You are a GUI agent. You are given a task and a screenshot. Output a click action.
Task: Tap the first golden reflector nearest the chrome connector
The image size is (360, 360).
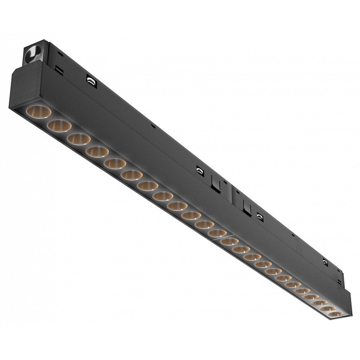[x=39, y=112]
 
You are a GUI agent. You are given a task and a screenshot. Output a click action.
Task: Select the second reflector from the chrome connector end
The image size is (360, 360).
[x=60, y=125]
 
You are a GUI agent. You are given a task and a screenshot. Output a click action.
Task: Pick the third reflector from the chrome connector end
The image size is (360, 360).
[x=79, y=139]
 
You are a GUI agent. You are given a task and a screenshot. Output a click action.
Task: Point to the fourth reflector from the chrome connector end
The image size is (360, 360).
[x=97, y=152]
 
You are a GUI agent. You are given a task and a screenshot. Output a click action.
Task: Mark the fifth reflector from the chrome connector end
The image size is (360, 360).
[x=115, y=163]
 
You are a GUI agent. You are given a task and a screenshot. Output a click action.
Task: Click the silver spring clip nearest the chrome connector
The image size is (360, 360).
[x=91, y=80]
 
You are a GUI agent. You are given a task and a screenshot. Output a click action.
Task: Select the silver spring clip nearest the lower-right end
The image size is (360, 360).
[x=325, y=263]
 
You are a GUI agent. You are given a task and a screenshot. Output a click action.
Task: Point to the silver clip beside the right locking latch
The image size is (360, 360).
[x=260, y=216]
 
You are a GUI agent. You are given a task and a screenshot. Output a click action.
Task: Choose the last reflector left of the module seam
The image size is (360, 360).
[x=217, y=233]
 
